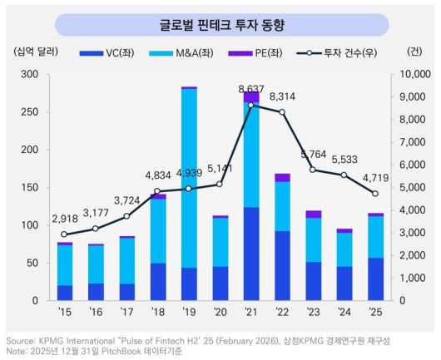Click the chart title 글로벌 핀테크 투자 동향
pos(220,25)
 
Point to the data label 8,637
pos(251,88)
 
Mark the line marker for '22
pos(282,112)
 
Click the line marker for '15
pos(65,234)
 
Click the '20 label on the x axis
pos(220,313)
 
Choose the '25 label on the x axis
pos(375,313)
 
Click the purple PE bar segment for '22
pos(282,177)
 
